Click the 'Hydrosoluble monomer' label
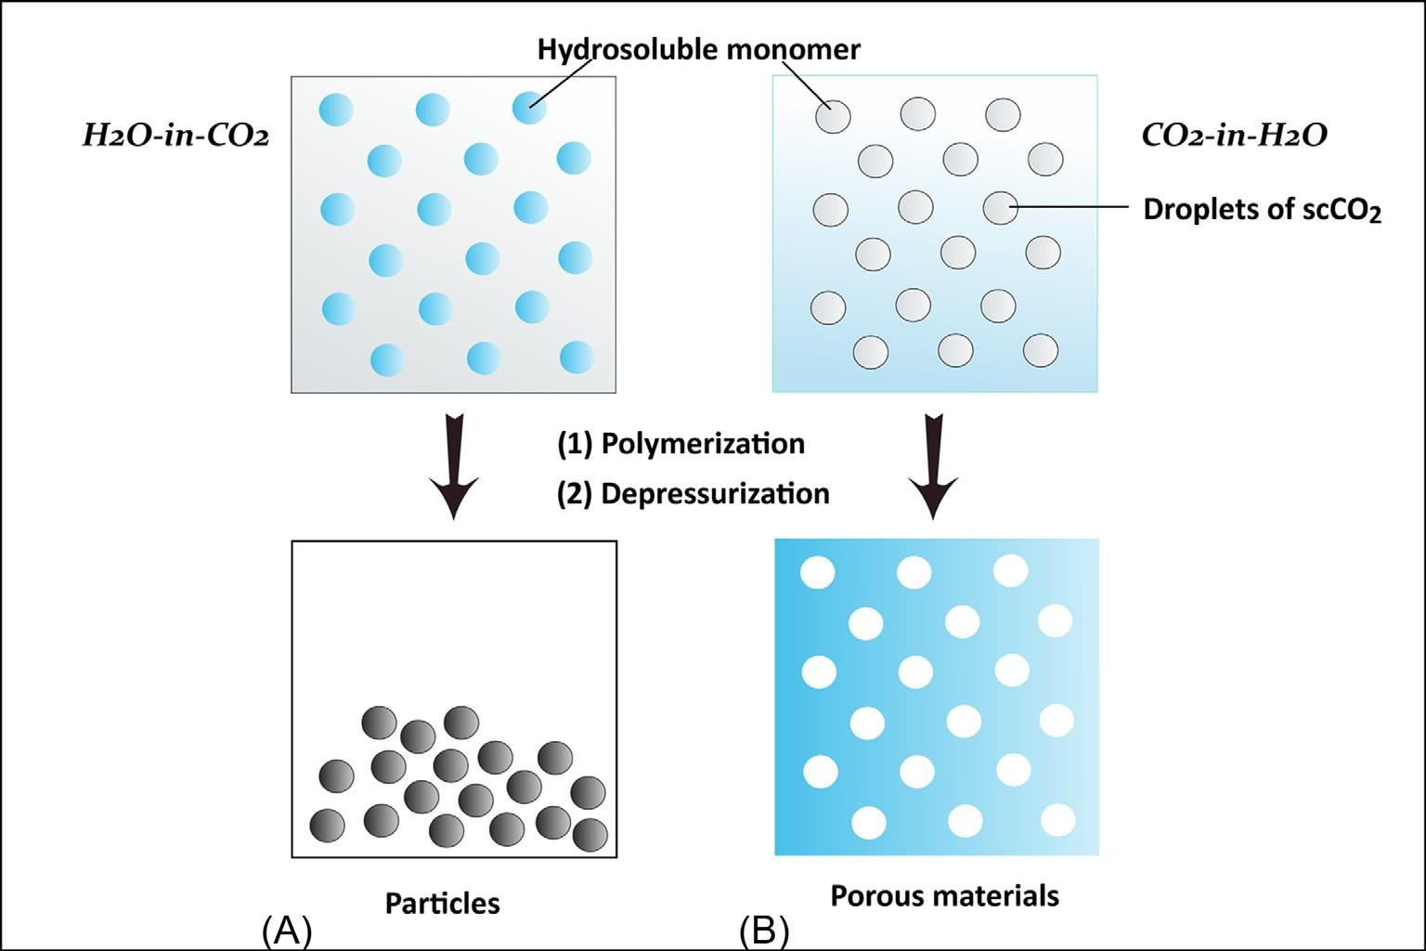coord(698,49)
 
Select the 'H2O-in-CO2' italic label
coord(175,137)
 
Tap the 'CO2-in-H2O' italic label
coord(1234,136)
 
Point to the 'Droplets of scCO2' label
coord(1262,210)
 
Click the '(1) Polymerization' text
coord(681,444)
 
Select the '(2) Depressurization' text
coord(693,493)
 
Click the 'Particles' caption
coord(442,903)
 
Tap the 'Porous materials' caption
coord(944,896)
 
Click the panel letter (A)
coord(286,931)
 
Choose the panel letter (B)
coord(764,931)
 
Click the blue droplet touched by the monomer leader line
coord(529,109)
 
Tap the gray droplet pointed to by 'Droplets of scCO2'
coord(1001,208)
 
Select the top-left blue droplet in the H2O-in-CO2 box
coord(336,110)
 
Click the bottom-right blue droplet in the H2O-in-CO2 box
coord(577,358)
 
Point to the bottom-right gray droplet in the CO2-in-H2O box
coord(1040,351)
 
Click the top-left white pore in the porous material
coord(818,572)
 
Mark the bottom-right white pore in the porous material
coord(1058,820)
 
